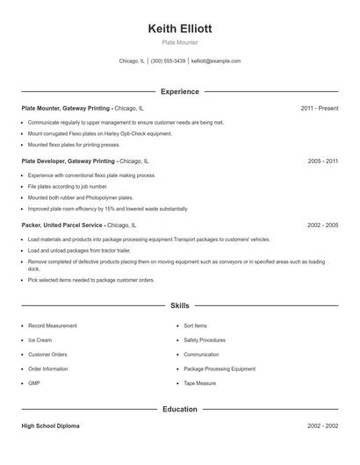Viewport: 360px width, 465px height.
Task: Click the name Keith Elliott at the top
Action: tap(180, 28)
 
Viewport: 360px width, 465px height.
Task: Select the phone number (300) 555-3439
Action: tap(168, 61)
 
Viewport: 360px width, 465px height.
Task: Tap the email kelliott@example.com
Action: tap(216, 61)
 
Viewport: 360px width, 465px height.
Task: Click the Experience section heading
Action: tap(180, 91)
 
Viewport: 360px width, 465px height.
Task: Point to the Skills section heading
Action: tap(180, 305)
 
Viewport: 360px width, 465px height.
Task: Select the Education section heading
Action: tap(180, 409)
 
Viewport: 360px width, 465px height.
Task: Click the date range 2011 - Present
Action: tap(319, 108)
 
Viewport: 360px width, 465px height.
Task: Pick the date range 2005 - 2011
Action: tap(323, 161)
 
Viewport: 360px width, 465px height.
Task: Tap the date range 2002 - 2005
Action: tap(323, 225)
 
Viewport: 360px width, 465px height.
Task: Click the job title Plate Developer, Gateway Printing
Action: tap(68, 161)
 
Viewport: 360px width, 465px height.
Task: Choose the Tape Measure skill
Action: tap(200, 383)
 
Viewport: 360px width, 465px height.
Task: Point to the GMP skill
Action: tap(34, 383)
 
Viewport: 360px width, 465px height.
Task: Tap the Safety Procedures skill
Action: tap(205, 340)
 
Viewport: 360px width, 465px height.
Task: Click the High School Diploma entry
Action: tap(50, 426)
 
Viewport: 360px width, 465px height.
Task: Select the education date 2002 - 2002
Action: tap(323, 426)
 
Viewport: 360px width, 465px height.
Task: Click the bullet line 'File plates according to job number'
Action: tap(68, 187)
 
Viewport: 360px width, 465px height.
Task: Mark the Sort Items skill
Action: tap(196, 325)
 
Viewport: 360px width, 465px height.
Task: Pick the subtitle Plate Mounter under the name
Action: tap(180, 42)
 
